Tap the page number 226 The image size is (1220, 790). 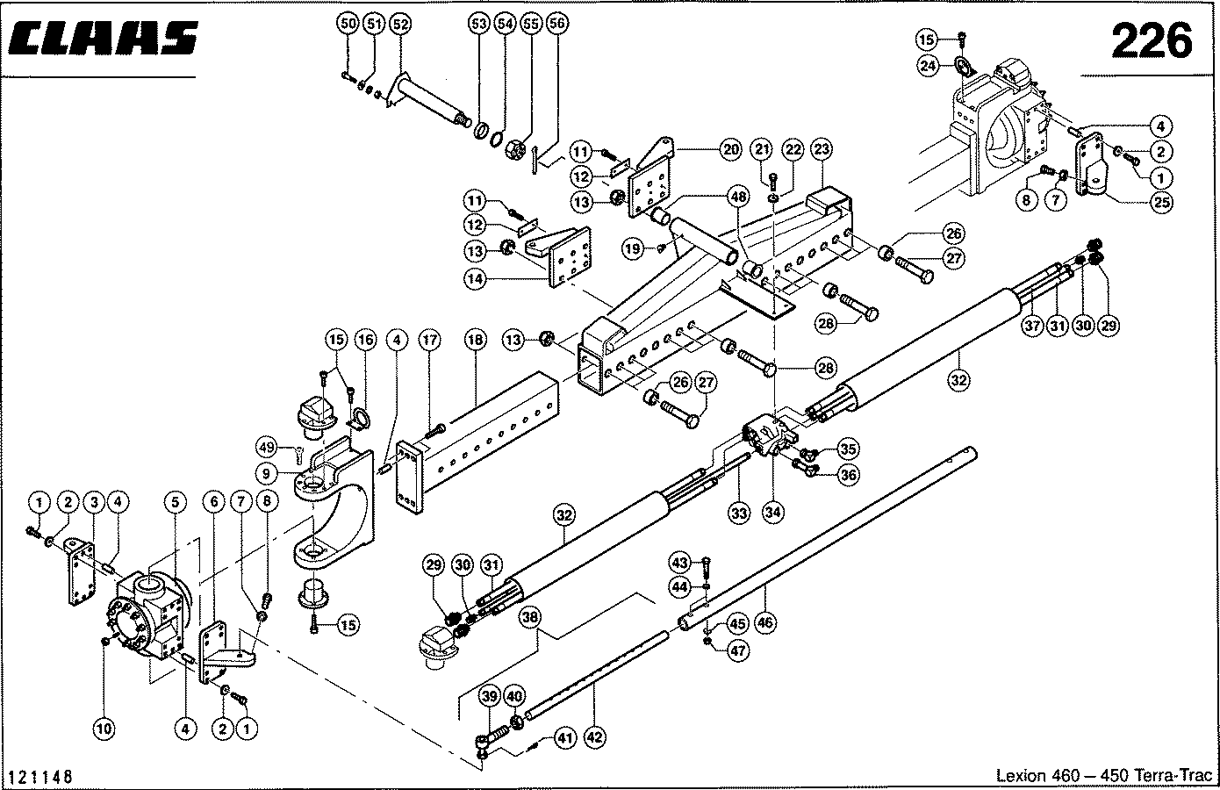coord(1152,41)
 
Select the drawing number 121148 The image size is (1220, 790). coord(39,778)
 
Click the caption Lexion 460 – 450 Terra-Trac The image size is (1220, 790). coord(1103,776)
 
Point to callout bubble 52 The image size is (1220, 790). coord(400,25)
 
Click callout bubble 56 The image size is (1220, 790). coord(556,25)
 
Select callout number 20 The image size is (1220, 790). coord(731,150)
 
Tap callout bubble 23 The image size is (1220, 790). coord(821,150)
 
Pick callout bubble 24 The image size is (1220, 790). coord(928,64)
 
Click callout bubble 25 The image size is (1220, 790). coord(1162,203)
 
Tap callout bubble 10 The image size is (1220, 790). coord(104,728)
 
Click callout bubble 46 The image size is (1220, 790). coord(764,622)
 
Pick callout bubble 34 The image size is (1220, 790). coord(772,513)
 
